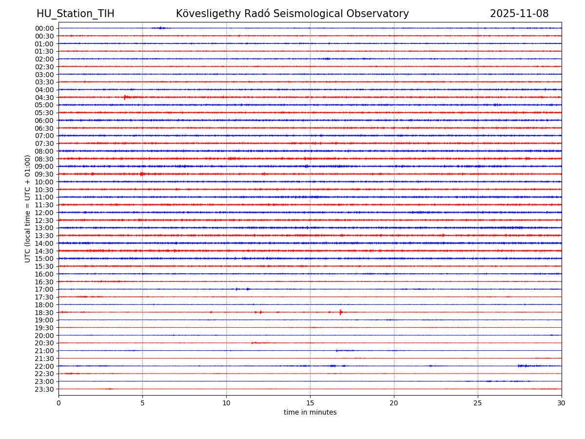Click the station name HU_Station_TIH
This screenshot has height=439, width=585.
coord(76,14)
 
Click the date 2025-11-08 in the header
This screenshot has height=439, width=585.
coord(519,14)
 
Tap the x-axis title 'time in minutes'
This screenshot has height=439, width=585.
coord(310,413)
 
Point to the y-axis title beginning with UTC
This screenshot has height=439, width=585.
coord(28,208)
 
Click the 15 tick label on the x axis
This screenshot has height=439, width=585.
coord(310,403)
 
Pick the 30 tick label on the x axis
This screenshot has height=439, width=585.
coord(562,403)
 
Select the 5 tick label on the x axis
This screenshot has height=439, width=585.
coord(142,403)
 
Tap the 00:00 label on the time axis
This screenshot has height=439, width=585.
coord(44,28)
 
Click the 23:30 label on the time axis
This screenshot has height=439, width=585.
coord(44,389)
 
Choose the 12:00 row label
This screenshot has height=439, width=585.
coord(44,213)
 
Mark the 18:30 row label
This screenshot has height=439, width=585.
coord(44,313)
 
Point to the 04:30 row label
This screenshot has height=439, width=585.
coord(44,98)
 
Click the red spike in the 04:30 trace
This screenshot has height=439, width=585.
coord(125,97)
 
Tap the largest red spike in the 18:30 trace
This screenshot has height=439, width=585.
coord(340,312)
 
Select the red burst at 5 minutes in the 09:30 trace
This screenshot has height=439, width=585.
coord(142,174)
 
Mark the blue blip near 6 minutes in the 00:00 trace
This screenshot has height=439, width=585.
coord(160,28)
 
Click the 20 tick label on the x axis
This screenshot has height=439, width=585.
coord(394,403)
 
